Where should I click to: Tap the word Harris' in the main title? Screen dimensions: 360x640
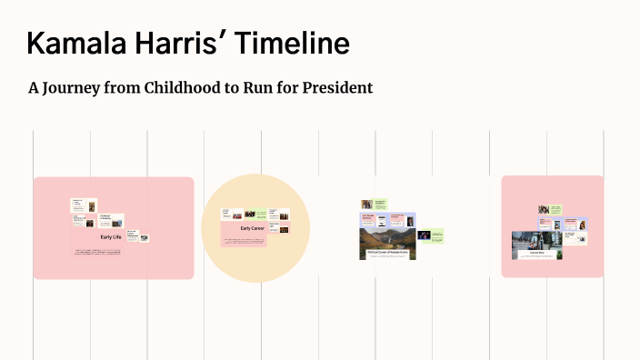pos(181,44)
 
